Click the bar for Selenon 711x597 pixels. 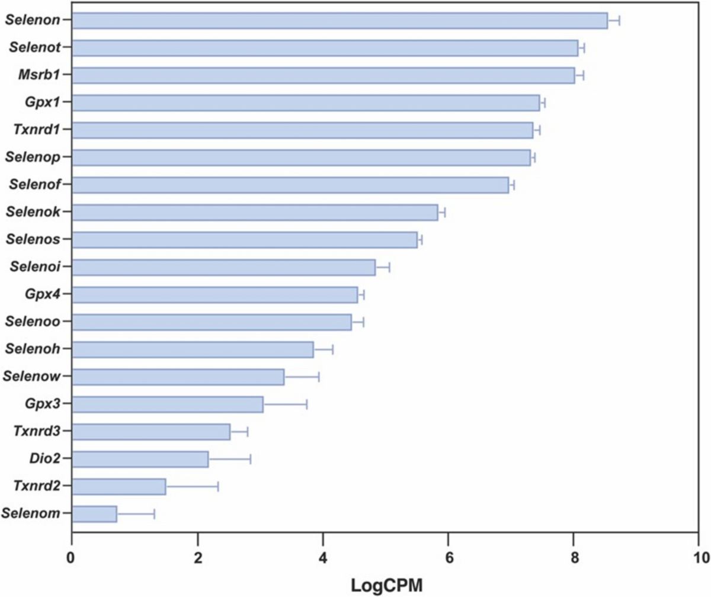[340, 21]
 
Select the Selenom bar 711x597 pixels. [95, 514]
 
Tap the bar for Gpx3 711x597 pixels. [168, 405]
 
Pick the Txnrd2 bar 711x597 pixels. [119, 487]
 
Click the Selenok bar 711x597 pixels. [255, 213]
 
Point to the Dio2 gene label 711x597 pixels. [45, 458]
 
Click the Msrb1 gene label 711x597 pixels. [40, 75]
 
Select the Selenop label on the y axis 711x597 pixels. [33, 158]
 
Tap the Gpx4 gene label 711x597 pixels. [43, 294]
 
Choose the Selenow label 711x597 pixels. [31, 376]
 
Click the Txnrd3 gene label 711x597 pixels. [37, 431]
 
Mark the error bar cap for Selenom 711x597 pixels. [155, 514]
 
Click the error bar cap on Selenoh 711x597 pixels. [332, 349]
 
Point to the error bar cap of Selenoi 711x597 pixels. [389, 268]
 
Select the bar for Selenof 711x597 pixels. [290, 185]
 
